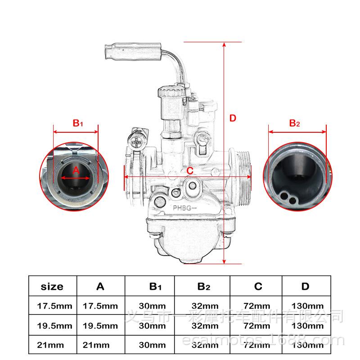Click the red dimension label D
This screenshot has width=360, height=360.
pyautogui.click(x=233, y=118)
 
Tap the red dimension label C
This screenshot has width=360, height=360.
pyautogui.click(x=190, y=171)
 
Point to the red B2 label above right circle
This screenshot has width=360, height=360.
pyautogui.click(x=294, y=123)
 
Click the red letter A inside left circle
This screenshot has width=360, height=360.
pyautogui.click(x=76, y=170)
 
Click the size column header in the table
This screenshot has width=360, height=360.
pyautogui.click(x=52, y=286)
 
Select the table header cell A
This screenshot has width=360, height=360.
pyautogui.click(x=100, y=286)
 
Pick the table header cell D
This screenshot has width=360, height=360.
pyautogui.click(x=306, y=286)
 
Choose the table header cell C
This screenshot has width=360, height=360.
pyautogui.click(x=258, y=286)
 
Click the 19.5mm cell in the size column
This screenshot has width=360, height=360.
pyautogui.click(x=54, y=325)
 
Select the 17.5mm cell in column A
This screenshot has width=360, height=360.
pyautogui.click(x=100, y=306)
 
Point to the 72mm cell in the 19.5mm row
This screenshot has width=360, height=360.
pyautogui.click(x=257, y=325)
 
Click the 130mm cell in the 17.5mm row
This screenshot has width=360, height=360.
pyautogui.click(x=308, y=306)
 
